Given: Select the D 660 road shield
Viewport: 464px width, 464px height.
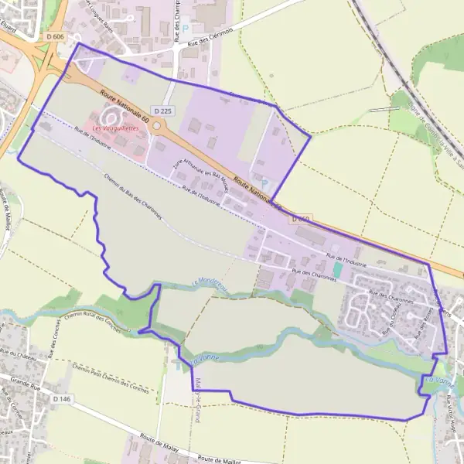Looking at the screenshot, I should (x=303, y=220).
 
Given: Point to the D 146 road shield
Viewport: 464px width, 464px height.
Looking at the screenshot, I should (x=63, y=398).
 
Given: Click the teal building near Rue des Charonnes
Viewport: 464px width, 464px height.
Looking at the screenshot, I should (x=338, y=270).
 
